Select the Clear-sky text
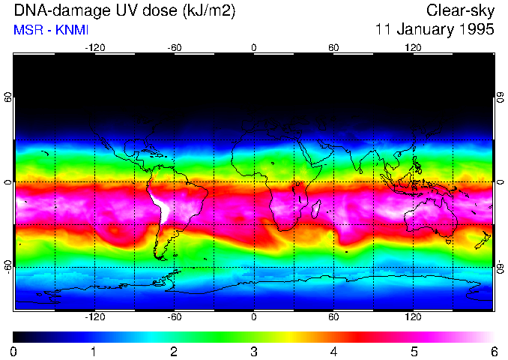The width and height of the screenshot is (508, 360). pos(460,11)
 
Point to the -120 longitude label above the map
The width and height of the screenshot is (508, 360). pos(94,47)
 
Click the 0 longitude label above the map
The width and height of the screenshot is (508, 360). pos(254,47)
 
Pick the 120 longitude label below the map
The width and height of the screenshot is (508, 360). pos(413,317)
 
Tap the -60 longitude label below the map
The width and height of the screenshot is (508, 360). pos(175,317)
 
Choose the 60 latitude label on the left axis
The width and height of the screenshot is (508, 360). pos(8,97)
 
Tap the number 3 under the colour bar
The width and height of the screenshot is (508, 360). pos(254,351)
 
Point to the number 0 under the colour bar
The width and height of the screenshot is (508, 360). pos(14,351)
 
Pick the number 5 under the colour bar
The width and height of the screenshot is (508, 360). pos(414,351)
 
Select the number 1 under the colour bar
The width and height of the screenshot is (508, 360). pos(94,351)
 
